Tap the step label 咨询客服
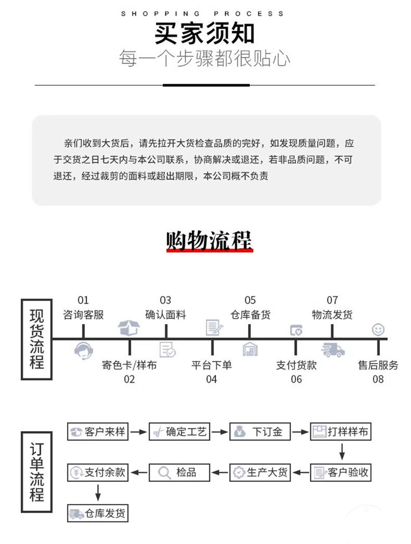coord(83,315)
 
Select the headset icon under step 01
coord(83,351)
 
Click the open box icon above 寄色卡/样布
coord(129,328)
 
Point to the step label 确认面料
coord(165,315)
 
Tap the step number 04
coord(211,379)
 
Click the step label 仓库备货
coord(250,315)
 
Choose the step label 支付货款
coord(296,365)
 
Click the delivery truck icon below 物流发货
coord(332,350)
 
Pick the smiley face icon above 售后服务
coord(378,329)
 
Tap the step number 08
coord(378,379)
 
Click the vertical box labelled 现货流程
coord(36,339)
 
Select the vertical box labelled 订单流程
coord(36,472)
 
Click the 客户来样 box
coord(98,432)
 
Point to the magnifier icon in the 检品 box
coord(164,472)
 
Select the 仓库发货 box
coord(98,513)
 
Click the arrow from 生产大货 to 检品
coord(221,472)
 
